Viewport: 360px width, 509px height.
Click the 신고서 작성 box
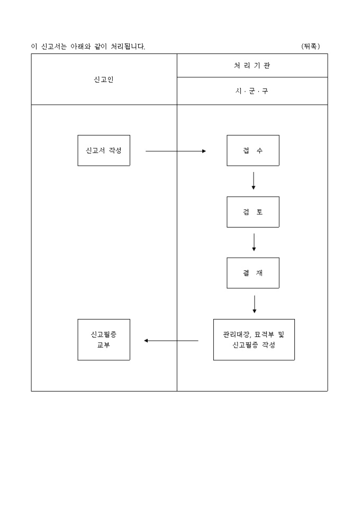[x=104, y=150]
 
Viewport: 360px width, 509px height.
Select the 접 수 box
[x=253, y=150]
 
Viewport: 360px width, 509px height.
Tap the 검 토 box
[x=253, y=212]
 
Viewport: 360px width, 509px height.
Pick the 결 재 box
[x=253, y=273]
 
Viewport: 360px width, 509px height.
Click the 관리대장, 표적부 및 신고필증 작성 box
[x=254, y=340]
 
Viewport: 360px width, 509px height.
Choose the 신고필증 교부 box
[x=104, y=340]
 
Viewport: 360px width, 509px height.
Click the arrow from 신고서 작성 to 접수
[x=175, y=151]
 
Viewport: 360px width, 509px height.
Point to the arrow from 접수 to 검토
[x=254, y=180]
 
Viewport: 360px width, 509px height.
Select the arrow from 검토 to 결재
[x=254, y=242]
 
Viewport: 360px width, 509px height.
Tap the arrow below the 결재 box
[x=255, y=304]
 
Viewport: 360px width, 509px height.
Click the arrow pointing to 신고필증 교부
[x=171, y=341]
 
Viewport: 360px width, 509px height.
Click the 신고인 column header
[x=104, y=80]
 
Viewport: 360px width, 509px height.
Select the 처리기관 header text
[x=252, y=66]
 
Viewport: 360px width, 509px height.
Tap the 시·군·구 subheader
[x=252, y=91]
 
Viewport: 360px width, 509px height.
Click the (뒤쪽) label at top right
[x=311, y=47]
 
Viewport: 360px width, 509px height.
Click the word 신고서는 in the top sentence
[x=54, y=47]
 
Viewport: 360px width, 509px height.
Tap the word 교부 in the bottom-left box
[x=104, y=345]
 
